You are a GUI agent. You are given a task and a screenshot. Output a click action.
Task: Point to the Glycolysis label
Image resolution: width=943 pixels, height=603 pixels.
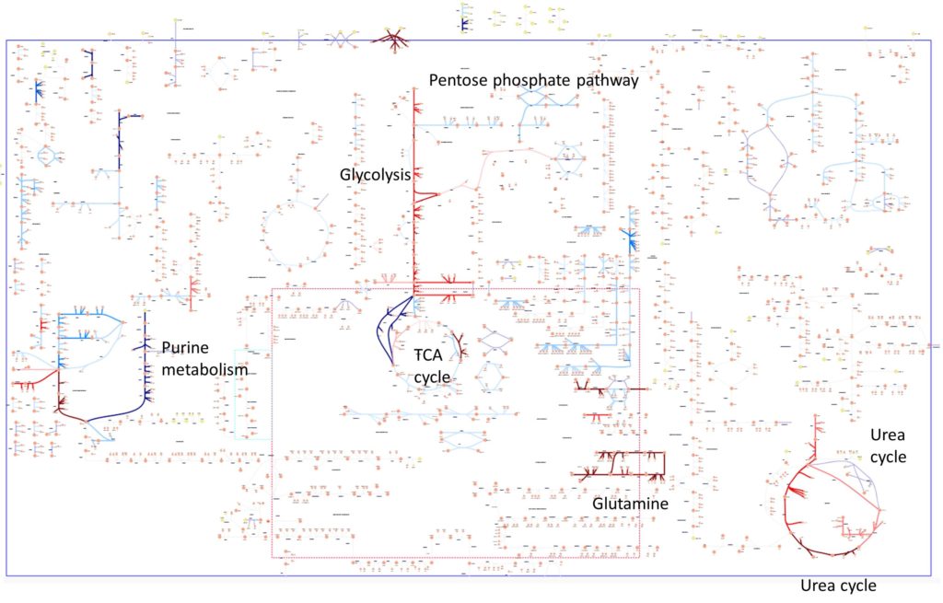click(375, 175)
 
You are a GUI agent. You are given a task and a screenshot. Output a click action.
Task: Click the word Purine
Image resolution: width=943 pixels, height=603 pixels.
click(184, 348)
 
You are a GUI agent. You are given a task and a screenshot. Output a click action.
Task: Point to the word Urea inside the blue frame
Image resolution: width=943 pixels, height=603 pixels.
click(889, 433)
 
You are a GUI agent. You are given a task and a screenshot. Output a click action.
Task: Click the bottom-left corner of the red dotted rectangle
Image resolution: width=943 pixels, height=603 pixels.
click(273, 557)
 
